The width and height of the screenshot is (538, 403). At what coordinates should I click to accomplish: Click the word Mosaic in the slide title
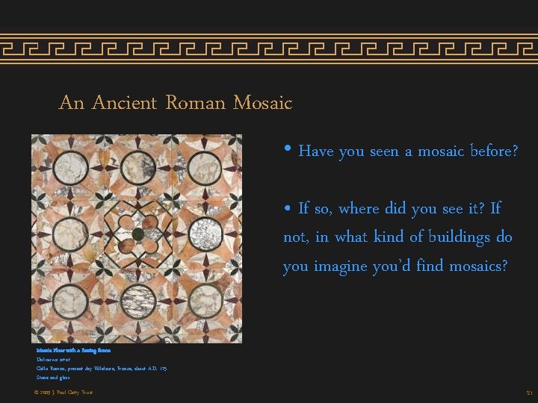click(x=262, y=102)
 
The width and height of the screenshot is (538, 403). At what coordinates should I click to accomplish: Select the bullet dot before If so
click(x=288, y=207)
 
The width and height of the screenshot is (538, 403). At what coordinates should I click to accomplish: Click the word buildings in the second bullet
click(x=462, y=237)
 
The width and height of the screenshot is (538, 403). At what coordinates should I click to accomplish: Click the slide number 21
click(x=528, y=393)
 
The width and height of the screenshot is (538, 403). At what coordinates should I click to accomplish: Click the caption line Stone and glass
click(x=53, y=378)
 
